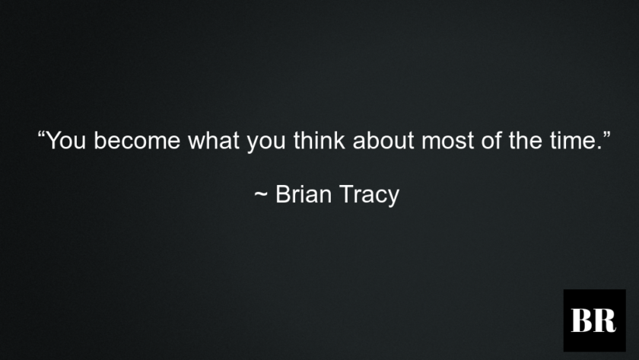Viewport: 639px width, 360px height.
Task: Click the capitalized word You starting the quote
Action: click(65, 142)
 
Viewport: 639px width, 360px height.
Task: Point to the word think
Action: click(317, 142)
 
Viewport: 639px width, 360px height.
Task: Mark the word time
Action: click(564, 142)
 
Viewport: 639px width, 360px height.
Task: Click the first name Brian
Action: click(301, 195)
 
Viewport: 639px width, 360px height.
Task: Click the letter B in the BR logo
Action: click(583, 320)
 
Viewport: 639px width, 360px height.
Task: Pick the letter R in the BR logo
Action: click(604, 320)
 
